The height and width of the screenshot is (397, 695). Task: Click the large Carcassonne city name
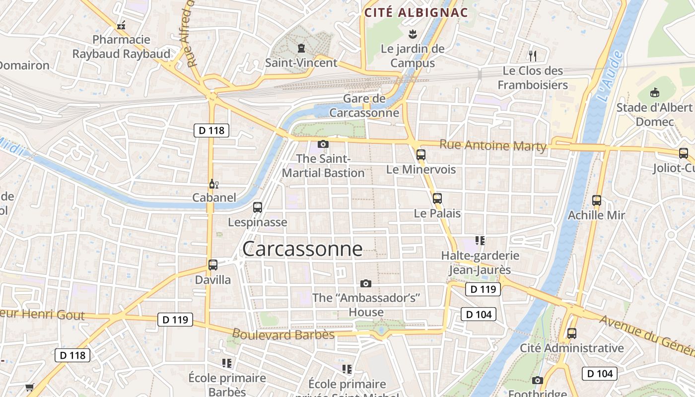click(302, 249)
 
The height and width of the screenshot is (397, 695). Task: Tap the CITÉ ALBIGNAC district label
click(417, 13)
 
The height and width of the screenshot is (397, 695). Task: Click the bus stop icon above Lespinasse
click(257, 207)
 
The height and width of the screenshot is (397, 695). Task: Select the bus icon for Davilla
click(213, 265)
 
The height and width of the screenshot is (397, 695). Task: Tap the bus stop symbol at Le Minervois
click(421, 155)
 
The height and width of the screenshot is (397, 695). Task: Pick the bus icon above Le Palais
click(437, 198)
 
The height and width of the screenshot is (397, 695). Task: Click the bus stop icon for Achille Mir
click(597, 201)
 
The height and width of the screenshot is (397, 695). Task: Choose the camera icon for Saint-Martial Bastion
click(323, 144)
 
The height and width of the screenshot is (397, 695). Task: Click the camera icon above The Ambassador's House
click(366, 283)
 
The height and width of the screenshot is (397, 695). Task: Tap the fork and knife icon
click(533, 56)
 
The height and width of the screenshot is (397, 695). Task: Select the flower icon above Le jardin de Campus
click(412, 34)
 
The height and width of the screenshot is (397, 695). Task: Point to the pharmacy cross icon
click(121, 25)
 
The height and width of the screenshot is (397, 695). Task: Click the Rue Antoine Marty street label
click(493, 146)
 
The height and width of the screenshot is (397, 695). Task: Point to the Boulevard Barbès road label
click(283, 334)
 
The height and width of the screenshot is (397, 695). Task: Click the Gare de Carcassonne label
click(364, 106)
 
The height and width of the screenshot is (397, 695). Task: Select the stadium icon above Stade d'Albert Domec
click(655, 92)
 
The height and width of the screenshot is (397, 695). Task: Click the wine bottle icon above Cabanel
click(214, 184)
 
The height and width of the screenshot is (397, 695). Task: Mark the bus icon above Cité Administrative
click(571, 333)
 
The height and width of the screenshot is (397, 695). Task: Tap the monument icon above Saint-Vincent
click(301, 48)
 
